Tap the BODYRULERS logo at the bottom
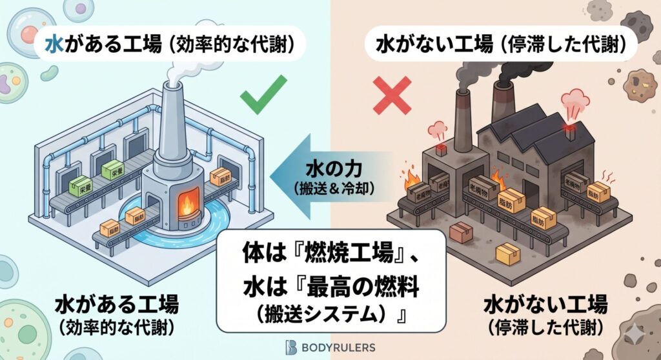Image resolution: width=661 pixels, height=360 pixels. point(330,346)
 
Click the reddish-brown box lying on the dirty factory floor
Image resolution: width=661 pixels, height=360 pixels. point(462,232)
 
